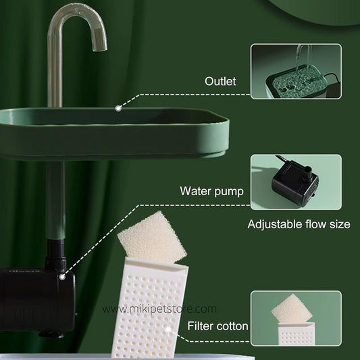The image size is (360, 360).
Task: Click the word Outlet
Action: point(220,81)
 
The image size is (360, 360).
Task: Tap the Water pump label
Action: point(211,191)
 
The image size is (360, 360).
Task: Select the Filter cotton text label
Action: point(217,326)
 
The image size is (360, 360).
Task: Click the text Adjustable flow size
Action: point(299,224)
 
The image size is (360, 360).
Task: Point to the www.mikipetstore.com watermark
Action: point(159,309)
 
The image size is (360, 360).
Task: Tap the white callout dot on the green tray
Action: point(118,108)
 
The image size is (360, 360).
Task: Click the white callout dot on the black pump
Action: point(62,277)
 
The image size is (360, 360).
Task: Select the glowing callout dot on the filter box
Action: point(169,330)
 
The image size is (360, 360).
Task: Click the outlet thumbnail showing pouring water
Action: point(296,72)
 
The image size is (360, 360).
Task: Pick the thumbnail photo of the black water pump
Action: point(296,182)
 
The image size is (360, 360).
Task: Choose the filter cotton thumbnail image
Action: point(296,318)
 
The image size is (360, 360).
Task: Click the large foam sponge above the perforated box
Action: point(152,237)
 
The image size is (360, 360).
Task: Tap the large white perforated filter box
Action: point(150,307)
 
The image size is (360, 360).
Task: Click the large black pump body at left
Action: point(36,300)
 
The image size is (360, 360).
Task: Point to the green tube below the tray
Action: point(55,200)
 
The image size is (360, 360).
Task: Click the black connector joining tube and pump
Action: point(56,254)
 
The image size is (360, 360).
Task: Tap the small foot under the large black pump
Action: point(51,334)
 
